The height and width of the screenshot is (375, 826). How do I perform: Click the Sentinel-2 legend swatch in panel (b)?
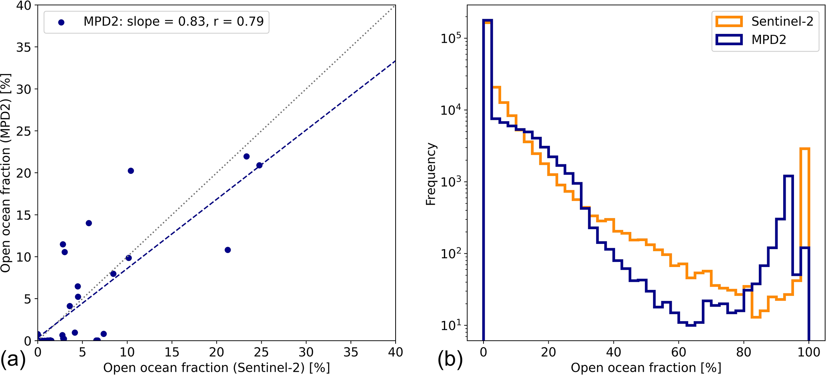pyautogui.click(x=729, y=22)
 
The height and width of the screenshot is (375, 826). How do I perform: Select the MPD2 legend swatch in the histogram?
pyautogui.click(x=729, y=40)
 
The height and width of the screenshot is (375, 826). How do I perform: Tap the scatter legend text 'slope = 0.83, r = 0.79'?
pyautogui.click(x=195, y=21)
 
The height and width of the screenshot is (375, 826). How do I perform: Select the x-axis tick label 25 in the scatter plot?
pyautogui.click(x=261, y=352)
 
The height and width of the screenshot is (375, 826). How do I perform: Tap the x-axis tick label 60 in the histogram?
pyautogui.click(x=679, y=352)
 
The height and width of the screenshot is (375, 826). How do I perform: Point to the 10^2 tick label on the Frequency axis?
pyautogui.click(x=451, y=253)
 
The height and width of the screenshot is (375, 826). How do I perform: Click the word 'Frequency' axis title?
pyautogui.click(x=430, y=174)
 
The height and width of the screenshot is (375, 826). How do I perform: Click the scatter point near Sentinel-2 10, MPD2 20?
pyautogui.click(x=131, y=171)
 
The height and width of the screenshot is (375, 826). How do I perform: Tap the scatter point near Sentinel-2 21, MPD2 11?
pyautogui.click(x=228, y=250)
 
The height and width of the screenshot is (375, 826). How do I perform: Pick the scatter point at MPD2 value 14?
pyautogui.click(x=89, y=223)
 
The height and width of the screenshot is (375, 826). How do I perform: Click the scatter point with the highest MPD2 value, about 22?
pyautogui.click(x=247, y=156)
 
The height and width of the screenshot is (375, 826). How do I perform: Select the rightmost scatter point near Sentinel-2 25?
pyautogui.click(x=259, y=166)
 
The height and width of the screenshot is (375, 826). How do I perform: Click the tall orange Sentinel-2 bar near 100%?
pyautogui.click(x=804, y=200)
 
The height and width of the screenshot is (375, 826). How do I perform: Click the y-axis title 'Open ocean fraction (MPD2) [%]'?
pyautogui.click(x=6, y=173)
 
